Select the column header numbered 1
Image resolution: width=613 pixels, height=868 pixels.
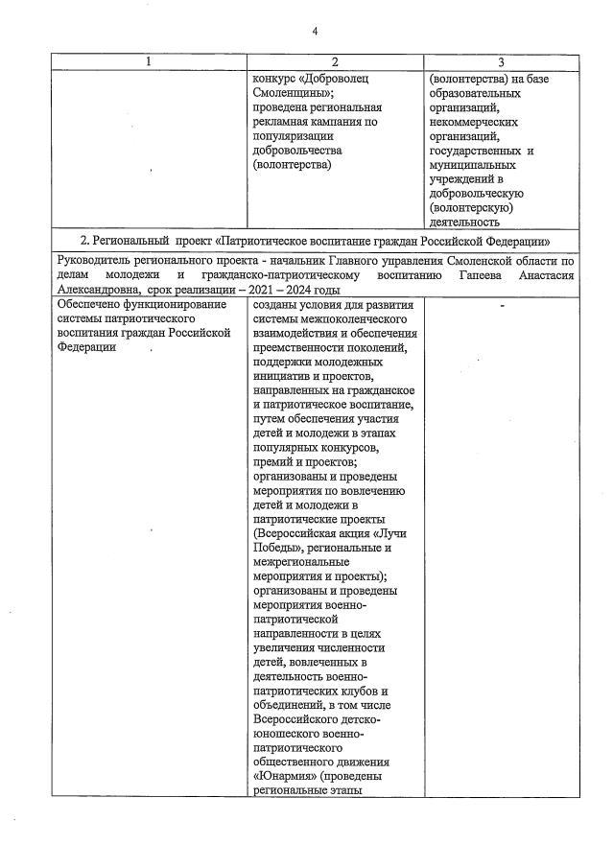pyautogui.click(x=148, y=62)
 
